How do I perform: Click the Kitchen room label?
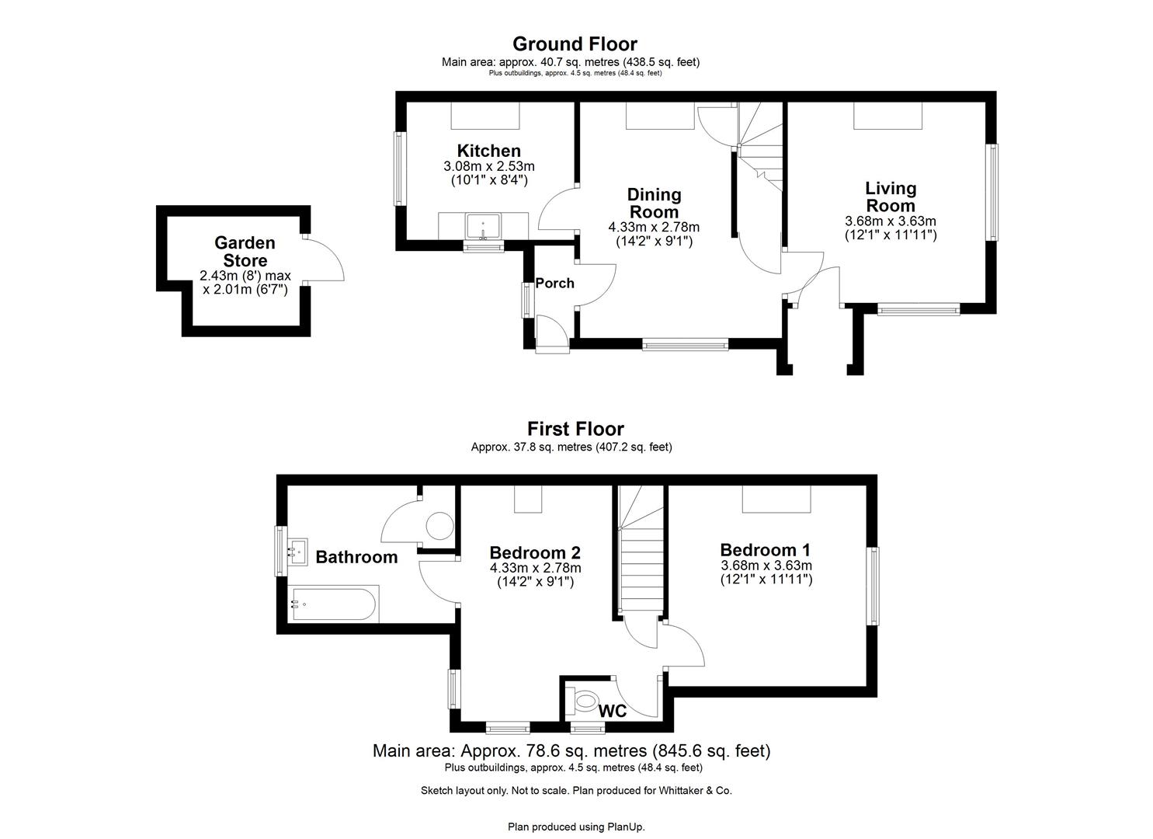coord(488,151)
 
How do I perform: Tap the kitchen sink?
coord(483,228)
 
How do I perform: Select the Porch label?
coord(554,284)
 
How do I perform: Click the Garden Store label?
coord(245,252)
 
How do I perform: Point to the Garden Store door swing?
coord(328,259)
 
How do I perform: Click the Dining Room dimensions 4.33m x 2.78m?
coord(654,228)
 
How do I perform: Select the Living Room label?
coord(891,197)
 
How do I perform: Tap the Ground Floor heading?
coord(575,44)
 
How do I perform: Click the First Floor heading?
coord(575,429)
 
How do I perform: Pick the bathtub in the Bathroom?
coord(335,604)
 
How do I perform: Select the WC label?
coord(613,711)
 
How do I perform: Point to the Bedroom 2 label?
coord(535,553)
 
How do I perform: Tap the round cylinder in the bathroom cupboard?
coord(440,526)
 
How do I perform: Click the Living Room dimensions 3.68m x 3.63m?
coord(891,221)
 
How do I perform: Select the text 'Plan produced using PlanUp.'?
coord(576,827)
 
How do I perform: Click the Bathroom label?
coord(356,557)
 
